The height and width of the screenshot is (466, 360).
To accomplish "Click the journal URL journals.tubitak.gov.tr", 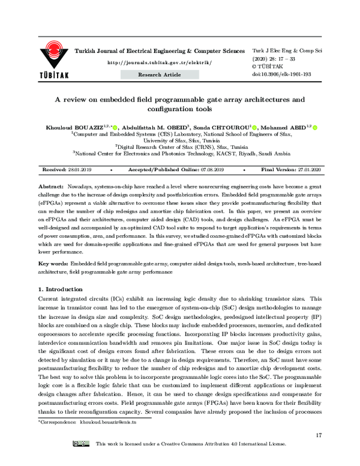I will coord(159,62).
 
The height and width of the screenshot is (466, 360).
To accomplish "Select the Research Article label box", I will coord(160,74).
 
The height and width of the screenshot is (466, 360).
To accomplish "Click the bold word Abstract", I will coord(50,188).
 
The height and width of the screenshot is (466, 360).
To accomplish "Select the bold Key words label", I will coord(53,264).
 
